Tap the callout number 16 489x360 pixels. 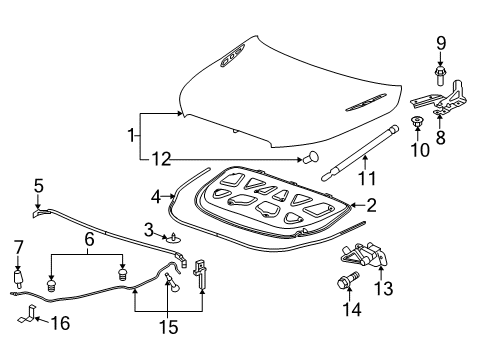point(60,324)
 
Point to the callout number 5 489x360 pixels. point(38,185)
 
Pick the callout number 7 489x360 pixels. point(17,246)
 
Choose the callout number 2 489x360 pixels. point(371,207)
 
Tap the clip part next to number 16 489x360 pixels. point(30,320)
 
